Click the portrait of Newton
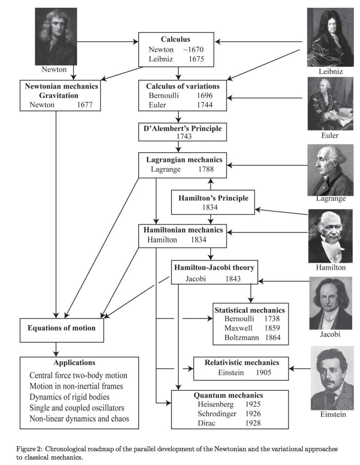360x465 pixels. [x=56, y=36]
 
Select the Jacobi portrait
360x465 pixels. [x=330, y=303]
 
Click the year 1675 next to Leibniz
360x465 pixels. [x=196, y=59]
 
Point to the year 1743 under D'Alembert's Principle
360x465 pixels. [x=184, y=136]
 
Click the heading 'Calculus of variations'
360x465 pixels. [x=183, y=86]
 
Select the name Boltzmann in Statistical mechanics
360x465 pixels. [x=242, y=337]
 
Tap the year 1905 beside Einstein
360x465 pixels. [x=263, y=373]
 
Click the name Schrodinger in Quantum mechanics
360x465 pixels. [x=217, y=414]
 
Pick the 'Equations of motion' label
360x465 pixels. [x=62, y=328]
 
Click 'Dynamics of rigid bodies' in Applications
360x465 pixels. [x=69, y=397]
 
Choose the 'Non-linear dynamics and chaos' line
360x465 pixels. [x=79, y=419]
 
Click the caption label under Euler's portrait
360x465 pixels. [x=330, y=135]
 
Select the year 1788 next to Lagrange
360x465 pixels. [x=206, y=169]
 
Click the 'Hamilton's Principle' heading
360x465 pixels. [x=213, y=198]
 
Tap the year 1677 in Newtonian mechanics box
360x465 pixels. [x=84, y=105]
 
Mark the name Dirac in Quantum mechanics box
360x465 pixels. [x=206, y=423]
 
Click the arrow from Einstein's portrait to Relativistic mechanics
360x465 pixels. [x=299, y=368]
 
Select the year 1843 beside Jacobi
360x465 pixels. [x=233, y=279]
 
